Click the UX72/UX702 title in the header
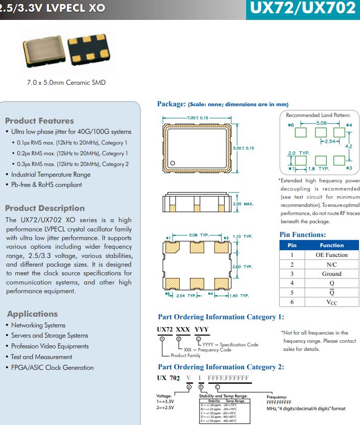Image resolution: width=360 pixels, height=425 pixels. pos(303,9)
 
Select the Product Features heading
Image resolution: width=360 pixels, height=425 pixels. pos(39,121)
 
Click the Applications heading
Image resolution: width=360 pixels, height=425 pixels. pos(32,314)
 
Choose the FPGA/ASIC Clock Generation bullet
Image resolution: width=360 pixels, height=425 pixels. pos(52,367)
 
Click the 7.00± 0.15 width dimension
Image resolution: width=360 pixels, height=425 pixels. pos(198,118)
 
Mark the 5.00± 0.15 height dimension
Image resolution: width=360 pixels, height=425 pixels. pos(243,148)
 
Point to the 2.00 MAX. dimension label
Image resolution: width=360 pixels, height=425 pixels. pos(243,204)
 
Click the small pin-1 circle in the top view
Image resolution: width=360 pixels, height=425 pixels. pos(173,163)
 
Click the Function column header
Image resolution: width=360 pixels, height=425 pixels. pos(331,245)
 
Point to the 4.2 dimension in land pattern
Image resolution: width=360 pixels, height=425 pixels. pos(349,146)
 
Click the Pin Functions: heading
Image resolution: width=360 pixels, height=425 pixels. pos(303,235)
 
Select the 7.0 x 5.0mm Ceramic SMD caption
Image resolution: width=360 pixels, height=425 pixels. pos(66,82)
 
